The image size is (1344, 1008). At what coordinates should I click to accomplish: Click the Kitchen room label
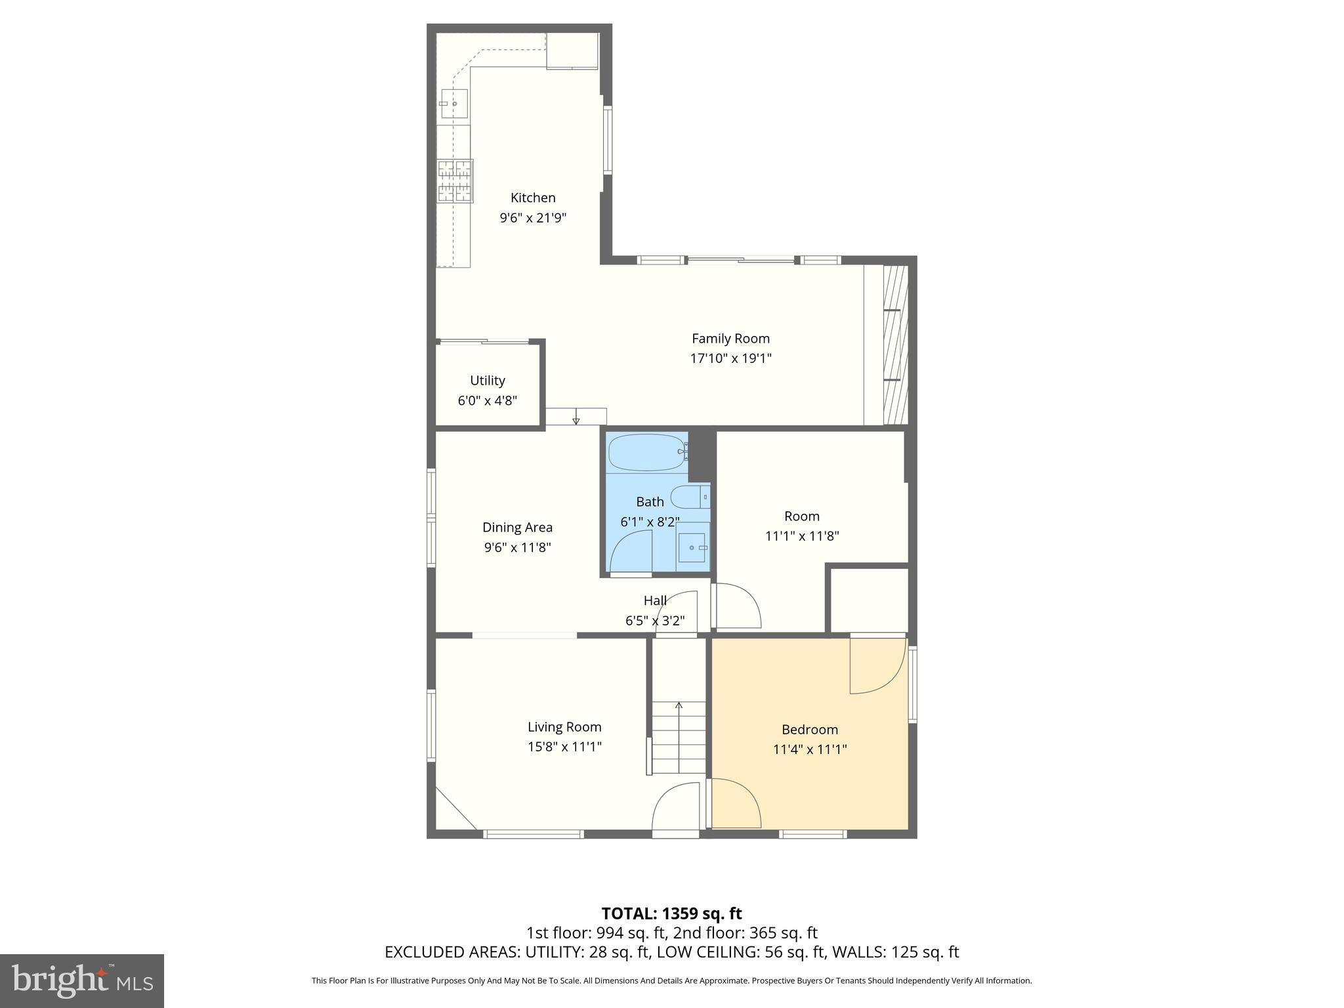point(533,198)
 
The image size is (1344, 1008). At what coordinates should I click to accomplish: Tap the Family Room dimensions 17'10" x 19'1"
point(730,358)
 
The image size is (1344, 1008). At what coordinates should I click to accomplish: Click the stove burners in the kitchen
point(455,181)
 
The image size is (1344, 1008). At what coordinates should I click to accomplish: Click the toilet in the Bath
point(689,497)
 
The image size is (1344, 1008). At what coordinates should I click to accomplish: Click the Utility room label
point(488,381)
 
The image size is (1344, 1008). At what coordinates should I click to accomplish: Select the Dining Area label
point(517,527)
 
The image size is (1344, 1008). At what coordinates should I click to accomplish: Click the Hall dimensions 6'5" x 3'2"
point(655,620)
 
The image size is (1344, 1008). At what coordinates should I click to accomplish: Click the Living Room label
point(564,726)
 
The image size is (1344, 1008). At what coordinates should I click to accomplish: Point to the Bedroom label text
point(809,729)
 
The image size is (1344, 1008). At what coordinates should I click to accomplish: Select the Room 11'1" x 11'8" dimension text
point(802,535)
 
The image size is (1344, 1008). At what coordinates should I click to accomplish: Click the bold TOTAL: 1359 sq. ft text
point(671,913)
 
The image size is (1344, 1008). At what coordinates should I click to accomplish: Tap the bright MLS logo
point(82,980)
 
